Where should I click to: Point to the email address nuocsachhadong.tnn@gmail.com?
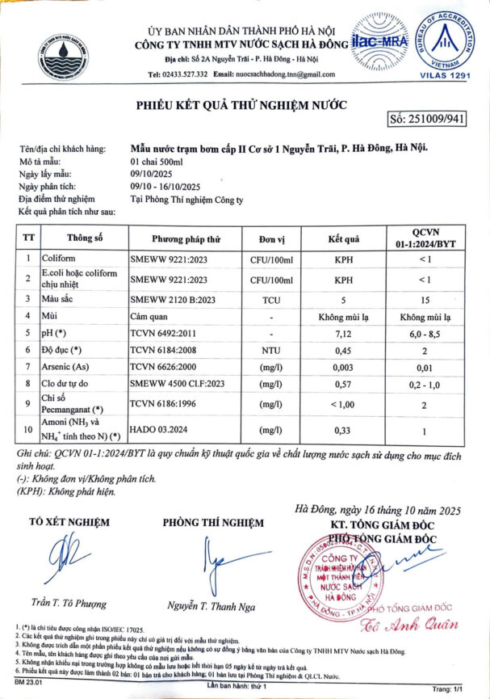[287, 74]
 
